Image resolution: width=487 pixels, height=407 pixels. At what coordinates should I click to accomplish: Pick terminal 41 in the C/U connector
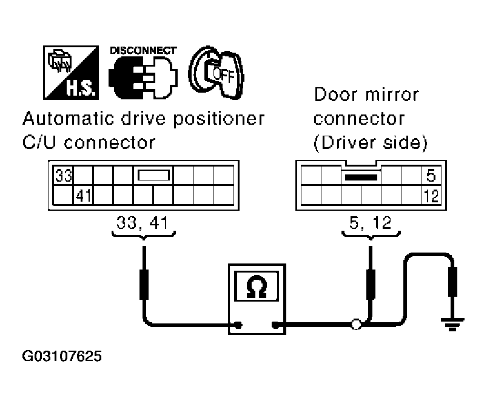[82, 195]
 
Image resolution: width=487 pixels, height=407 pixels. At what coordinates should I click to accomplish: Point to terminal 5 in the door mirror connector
[431, 176]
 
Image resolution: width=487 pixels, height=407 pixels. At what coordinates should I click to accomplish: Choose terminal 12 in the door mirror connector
[431, 195]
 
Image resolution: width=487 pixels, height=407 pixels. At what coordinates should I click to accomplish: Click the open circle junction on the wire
[357, 326]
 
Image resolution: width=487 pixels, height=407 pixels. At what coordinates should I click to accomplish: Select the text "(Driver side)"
[370, 143]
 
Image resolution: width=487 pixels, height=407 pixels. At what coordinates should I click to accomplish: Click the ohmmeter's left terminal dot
[238, 326]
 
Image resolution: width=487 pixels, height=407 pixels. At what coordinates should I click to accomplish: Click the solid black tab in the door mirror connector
[361, 177]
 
